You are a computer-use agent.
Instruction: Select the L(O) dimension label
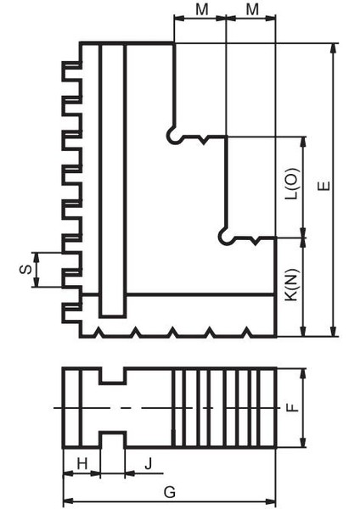point(291,183)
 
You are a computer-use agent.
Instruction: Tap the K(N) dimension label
point(291,287)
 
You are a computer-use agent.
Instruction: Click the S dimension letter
point(24,270)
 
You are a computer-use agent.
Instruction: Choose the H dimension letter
point(82,462)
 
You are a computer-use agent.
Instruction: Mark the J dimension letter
point(149,462)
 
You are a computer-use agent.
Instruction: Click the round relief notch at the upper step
point(173,136)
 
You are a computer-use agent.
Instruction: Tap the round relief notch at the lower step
point(224,237)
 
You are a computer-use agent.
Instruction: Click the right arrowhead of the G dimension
point(273,501)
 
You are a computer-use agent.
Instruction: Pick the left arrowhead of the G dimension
point(69,501)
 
